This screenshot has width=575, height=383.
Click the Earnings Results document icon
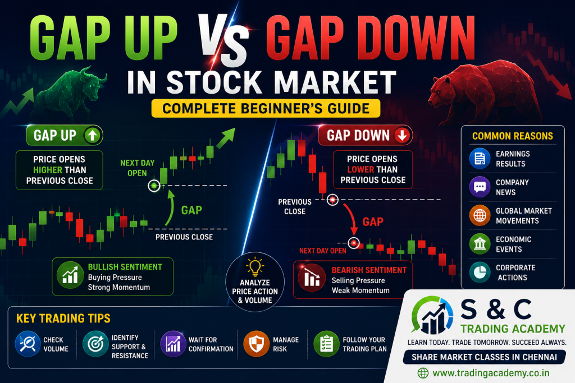480,159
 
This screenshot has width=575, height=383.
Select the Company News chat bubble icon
480,187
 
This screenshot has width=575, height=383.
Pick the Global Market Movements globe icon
480,215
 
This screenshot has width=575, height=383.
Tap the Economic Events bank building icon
480,244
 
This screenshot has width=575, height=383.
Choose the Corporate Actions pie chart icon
480,272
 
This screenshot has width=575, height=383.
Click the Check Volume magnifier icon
28,344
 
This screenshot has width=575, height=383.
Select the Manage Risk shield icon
256,344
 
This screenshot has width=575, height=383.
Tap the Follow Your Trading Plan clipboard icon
326,344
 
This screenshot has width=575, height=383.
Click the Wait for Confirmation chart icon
173,344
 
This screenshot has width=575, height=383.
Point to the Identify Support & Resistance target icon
95,344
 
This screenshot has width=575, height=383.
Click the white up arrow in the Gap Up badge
92,136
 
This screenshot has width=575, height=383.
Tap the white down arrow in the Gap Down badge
402,136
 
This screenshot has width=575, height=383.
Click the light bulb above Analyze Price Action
254,266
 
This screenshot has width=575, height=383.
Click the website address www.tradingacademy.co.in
491,373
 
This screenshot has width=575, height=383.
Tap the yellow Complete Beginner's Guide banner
266,108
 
